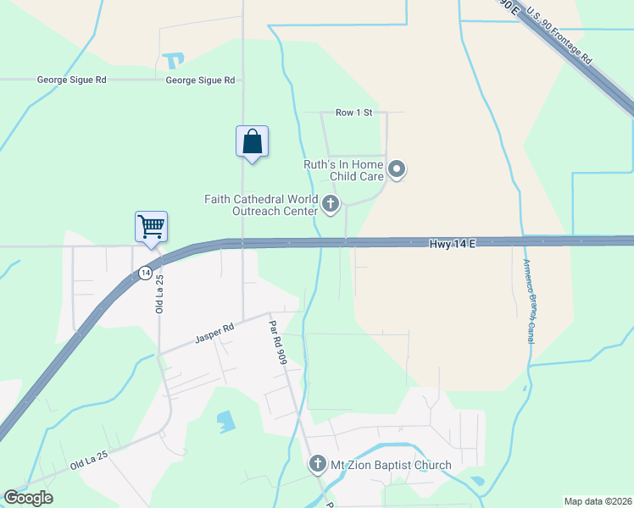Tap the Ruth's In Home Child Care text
tap(344, 171)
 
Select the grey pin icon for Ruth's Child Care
tap(398, 170)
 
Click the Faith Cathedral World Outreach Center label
tap(260, 205)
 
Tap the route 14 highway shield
tap(146, 273)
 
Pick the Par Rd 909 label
tap(278, 341)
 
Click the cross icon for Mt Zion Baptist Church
tap(317, 464)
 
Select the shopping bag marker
tap(252, 141)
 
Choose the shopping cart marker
tap(151, 227)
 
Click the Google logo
tap(28, 498)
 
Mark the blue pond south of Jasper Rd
tap(225, 421)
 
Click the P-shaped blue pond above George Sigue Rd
tap(175, 61)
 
